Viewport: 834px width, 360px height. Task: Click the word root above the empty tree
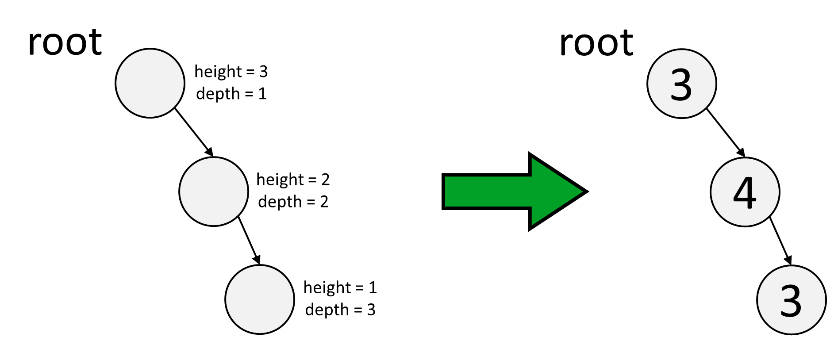65,42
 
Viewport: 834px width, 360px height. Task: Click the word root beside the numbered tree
596,43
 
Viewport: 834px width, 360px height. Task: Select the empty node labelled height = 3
150,83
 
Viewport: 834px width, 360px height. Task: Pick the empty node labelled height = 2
214,191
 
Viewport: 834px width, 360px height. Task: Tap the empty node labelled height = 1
260,299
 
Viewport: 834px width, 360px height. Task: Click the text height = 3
231,72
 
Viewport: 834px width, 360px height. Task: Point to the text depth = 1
231,94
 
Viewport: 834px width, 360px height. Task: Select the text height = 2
293,180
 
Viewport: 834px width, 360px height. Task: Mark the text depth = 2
293,202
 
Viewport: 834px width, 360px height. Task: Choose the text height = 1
340,287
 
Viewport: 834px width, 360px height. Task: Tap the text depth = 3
340,310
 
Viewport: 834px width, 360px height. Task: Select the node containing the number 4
745,192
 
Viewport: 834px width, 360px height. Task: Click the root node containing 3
681,84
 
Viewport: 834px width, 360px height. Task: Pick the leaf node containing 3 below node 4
791,300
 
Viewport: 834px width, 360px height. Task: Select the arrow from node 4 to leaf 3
780,241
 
